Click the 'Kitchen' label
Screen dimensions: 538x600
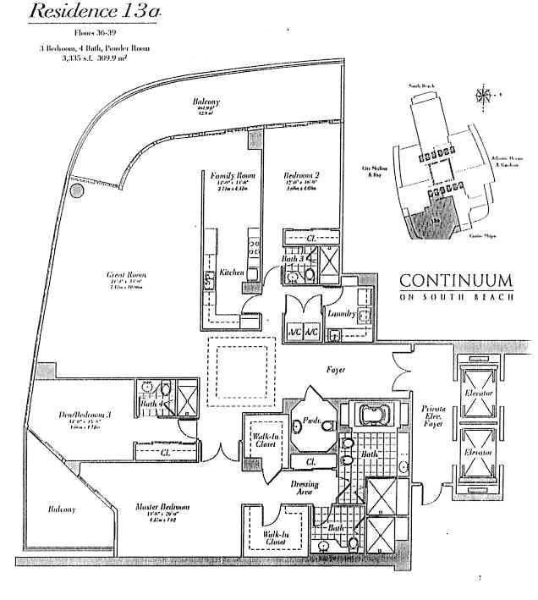click(x=232, y=272)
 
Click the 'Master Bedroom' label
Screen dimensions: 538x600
click(x=162, y=508)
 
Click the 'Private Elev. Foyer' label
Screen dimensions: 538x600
click(x=434, y=417)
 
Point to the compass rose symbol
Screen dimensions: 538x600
click(x=486, y=95)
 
